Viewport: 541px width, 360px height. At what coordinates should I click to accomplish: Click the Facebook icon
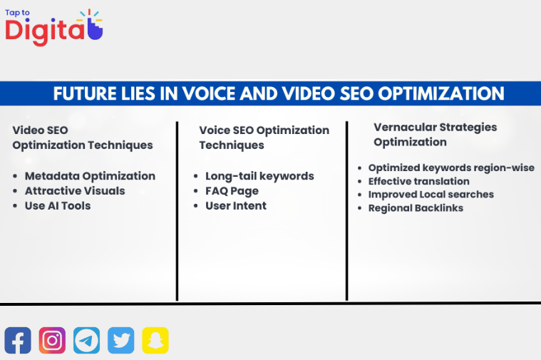pos(18,340)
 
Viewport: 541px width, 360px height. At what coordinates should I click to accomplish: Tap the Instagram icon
pos(52,340)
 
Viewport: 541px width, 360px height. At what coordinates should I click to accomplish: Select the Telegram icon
pos(86,340)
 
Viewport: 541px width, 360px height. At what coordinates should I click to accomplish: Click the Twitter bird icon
pos(121,340)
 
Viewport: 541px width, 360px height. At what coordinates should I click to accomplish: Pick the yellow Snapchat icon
pos(155,340)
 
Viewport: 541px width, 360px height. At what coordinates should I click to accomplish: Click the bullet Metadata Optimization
pos(90,176)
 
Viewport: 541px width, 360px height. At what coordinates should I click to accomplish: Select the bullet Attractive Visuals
pos(75,191)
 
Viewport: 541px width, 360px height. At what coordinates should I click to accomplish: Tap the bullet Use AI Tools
pos(58,206)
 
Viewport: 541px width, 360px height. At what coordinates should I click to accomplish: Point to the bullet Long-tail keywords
pos(259,176)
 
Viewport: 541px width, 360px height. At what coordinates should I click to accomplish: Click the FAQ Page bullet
pos(232,191)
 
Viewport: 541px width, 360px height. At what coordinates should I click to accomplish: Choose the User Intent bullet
pos(236,206)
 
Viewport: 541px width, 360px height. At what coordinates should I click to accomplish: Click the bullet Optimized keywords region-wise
pos(451,168)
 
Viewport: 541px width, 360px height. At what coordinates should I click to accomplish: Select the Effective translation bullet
pos(418,181)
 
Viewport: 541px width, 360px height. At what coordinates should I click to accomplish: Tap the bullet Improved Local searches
pos(431,195)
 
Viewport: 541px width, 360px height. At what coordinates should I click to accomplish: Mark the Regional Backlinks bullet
pos(416,208)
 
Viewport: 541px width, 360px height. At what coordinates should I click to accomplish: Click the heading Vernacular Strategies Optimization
pos(435,134)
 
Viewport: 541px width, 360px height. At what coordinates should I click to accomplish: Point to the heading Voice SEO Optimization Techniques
pos(264,138)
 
